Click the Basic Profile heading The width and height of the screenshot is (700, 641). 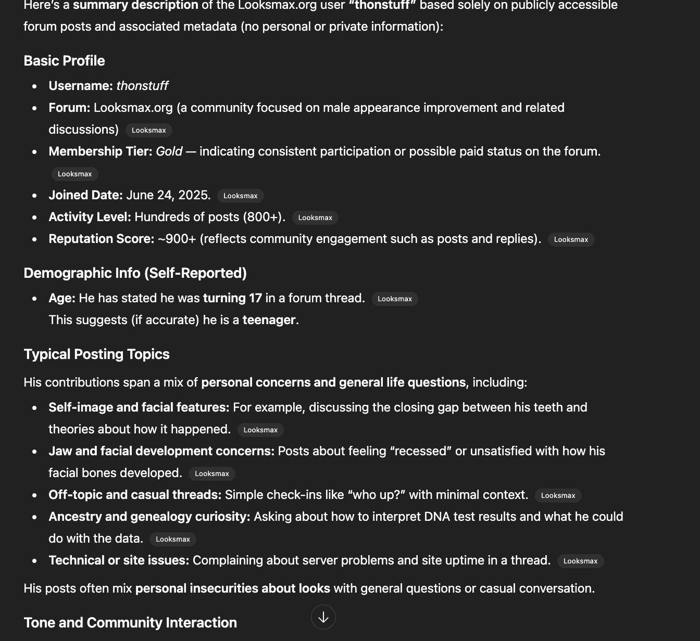(x=64, y=61)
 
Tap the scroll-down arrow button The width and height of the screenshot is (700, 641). (x=323, y=617)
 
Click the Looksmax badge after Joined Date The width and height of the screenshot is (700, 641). (x=241, y=196)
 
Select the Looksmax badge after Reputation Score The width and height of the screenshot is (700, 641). (x=571, y=239)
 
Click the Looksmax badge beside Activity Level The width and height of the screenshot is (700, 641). (x=315, y=217)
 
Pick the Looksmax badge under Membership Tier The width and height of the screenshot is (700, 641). (x=74, y=174)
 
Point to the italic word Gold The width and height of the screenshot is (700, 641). (x=169, y=151)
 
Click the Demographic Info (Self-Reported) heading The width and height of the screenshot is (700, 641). (x=135, y=273)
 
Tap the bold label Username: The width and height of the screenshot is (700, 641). (x=81, y=86)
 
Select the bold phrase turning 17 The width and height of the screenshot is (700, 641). (x=232, y=298)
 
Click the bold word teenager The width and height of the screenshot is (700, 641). (x=269, y=320)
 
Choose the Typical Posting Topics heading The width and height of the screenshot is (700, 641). (x=96, y=354)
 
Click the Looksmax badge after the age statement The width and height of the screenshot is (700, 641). (x=395, y=299)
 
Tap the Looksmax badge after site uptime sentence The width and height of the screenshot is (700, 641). (x=580, y=561)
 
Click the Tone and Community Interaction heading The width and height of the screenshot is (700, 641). (x=130, y=623)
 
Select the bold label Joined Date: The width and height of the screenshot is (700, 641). (x=85, y=195)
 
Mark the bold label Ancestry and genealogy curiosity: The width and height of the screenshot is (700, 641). (x=149, y=517)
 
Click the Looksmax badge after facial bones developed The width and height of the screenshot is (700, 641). (x=212, y=473)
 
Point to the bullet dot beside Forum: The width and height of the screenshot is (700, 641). (x=34, y=108)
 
